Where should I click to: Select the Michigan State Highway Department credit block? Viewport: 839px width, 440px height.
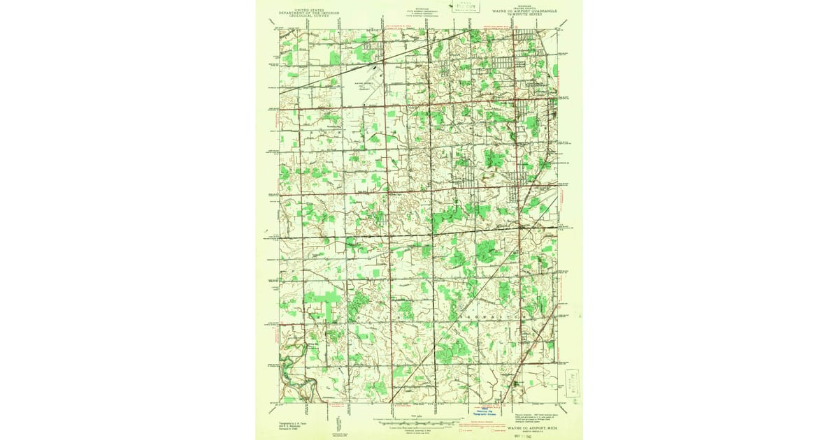[419, 12]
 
